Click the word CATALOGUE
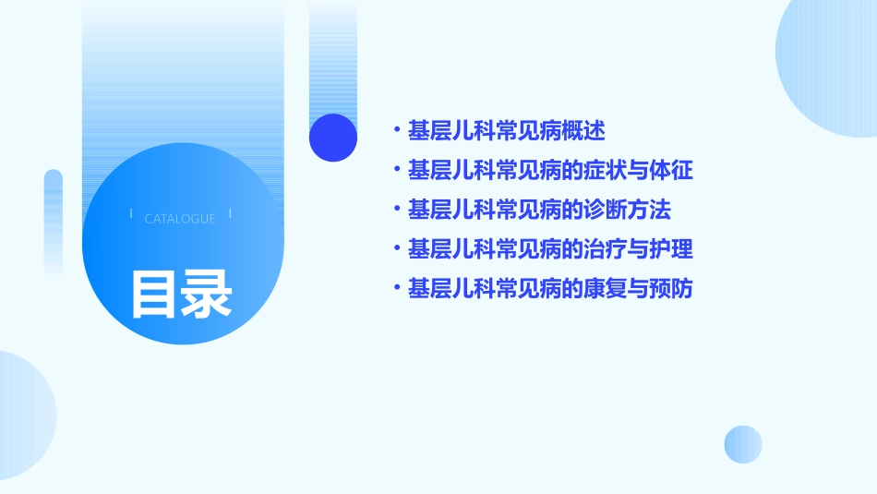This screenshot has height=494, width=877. pyautogui.click(x=180, y=219)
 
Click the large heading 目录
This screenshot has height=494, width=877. pyautogui.click(x=181, y=294)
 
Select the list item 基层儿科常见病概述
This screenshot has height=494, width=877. pyautogui.click(x=506, y=130)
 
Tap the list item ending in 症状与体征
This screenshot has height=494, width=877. pyautogui.click(x=549, y=170)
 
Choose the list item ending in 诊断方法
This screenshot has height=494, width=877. pyautogui.click(x=539, y=210)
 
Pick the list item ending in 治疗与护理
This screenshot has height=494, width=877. pyautogui.click(x=549, y=249)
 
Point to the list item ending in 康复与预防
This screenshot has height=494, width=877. pyautogui.click(x=549, y=289)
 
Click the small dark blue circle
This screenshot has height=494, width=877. pyautogui.click(x=332, y=138)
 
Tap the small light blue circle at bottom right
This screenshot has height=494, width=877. pyautogui.click(x=743, y=444)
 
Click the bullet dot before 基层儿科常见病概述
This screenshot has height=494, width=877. pyautogui.click(x=396, y=130)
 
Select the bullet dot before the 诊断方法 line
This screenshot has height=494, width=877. pyautogui.click(x=396, y=210)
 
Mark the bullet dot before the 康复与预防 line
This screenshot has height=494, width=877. pyautogui.click(x=396, y=289)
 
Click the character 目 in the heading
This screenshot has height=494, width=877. pyautogui.click(x=153, y=294)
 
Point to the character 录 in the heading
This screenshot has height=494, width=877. pyautogui.click(x=207, y=294)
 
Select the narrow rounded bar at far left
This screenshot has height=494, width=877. pyautogui.click(x=54, y=222)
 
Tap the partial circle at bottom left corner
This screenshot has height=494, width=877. pyautogui.click(x=23, y=416)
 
